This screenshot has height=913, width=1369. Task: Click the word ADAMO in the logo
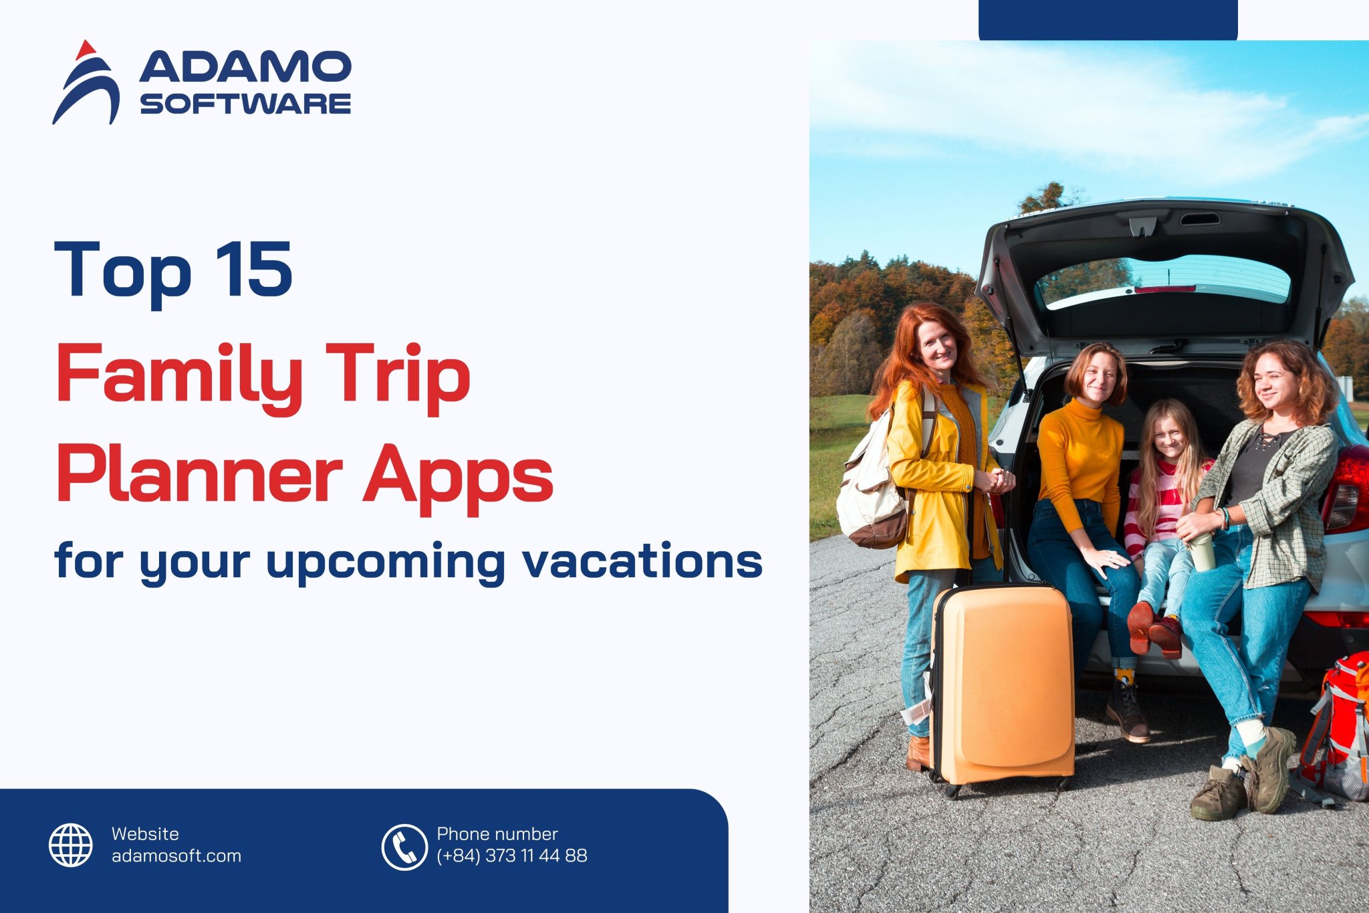(245, 67)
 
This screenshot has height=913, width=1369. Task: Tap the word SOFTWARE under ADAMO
(245, 104)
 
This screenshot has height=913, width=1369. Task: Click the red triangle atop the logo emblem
(86, 49)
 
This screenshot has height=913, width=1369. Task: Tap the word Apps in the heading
(458, 476)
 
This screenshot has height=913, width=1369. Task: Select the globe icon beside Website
(71, 845)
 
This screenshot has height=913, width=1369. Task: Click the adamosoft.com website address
(176, 856)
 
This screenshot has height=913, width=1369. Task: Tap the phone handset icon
(404, 847)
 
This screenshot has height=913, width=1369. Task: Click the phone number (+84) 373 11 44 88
(512, 856)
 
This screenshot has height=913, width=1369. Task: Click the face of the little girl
(1170, 438)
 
